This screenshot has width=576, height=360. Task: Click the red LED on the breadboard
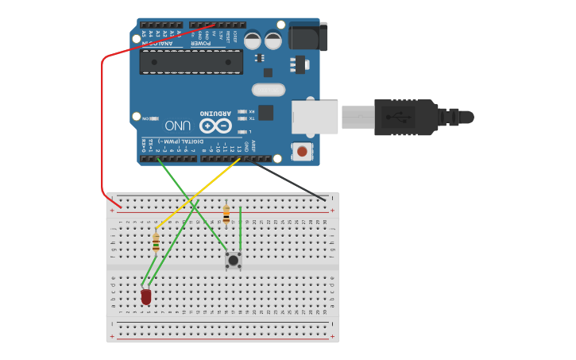click(146, 296)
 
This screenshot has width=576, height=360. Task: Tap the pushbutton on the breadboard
click(234, 260)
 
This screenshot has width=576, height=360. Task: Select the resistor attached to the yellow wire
click(156, 242)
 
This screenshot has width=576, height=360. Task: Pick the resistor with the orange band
click(226, 214)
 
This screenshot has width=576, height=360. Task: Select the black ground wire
click(290, 179)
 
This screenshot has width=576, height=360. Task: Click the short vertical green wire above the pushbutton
click(240, 226)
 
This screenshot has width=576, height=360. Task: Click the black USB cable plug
click(405, 118)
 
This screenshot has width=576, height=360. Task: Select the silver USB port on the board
click(314, 117)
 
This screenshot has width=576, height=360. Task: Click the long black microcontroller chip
click(191, 62)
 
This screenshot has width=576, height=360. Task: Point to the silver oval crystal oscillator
click(268, 89)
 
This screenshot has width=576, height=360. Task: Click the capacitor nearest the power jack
click(273, 41)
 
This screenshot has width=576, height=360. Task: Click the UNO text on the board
click(177, 126)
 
